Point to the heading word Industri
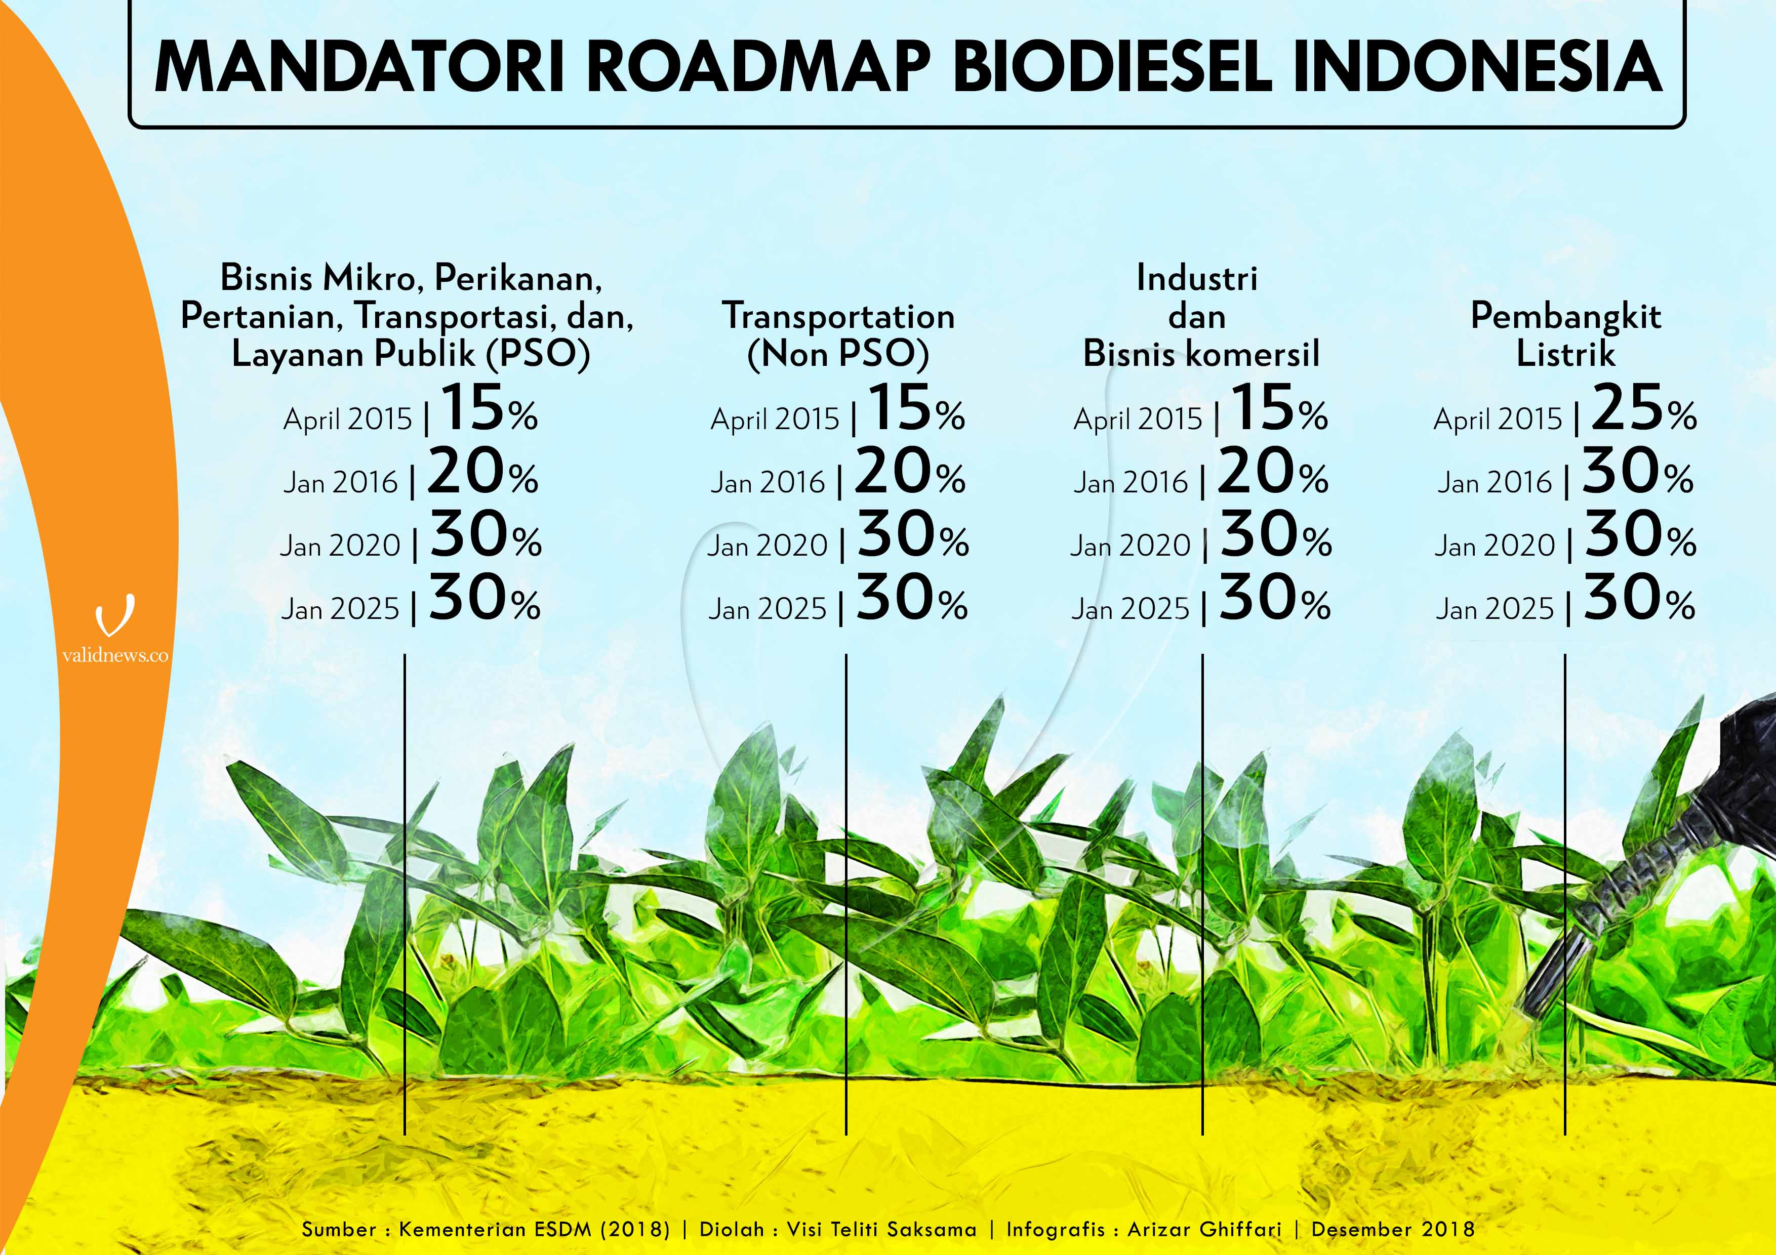click(1197, 278)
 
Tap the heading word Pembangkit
click(1565, 316)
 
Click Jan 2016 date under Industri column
click(1130, 482)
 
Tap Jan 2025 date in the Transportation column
click(768, 609)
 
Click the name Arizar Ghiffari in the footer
click(1204, 1229)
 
